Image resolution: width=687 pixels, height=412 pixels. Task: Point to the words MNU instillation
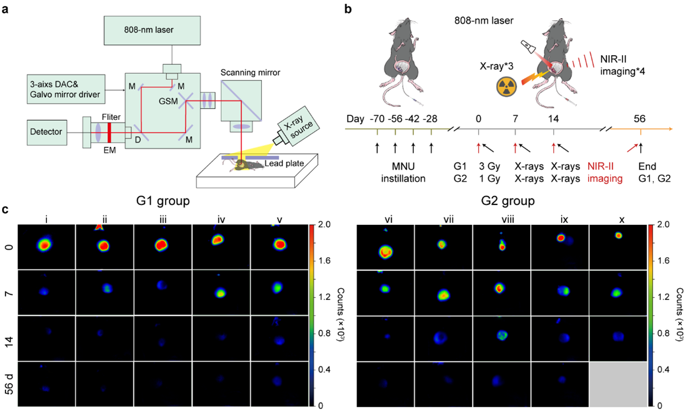coord(403,171)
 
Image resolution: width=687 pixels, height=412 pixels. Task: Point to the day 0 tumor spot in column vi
coord(386,251)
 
